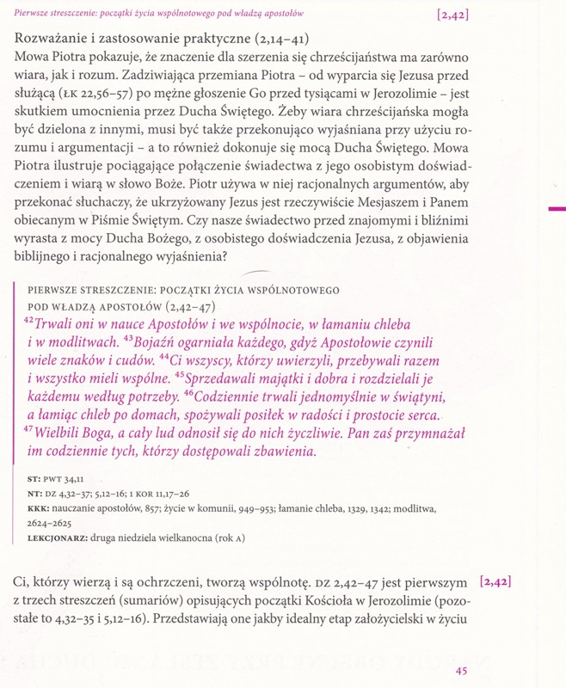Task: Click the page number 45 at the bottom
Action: pyautogui.click(x=461, y=672)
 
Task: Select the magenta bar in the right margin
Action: pyautogui.click(x=557, y=208)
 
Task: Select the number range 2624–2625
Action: pyautogui.click(x=53, y=524)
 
